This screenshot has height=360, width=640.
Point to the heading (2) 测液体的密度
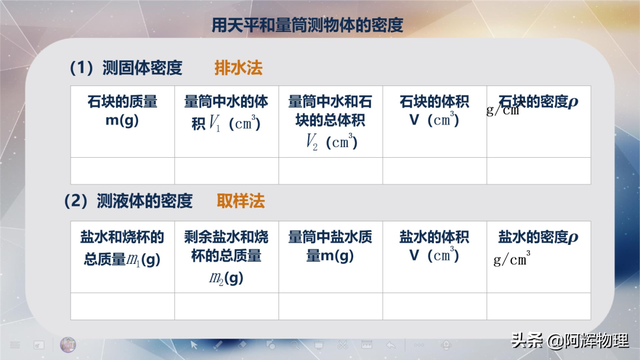click(129, 200)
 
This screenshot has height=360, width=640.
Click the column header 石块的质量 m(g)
click(122, 111)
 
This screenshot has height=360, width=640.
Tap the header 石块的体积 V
click(433, 111)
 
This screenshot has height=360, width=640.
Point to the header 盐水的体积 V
click(433, 247)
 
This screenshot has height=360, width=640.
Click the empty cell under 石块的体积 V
click(433, 171)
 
